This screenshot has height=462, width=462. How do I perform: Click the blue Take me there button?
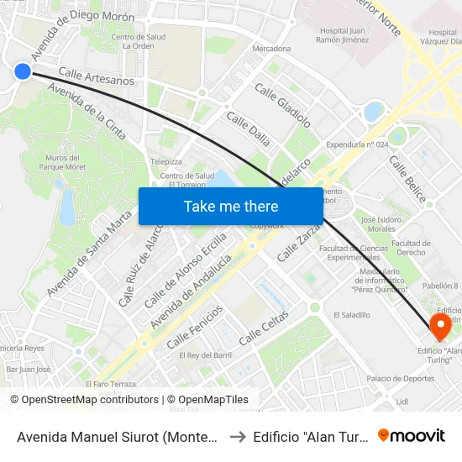pos(231,206)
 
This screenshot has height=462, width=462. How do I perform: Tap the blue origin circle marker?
pos(23,71)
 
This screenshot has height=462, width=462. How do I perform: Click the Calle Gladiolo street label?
pos(282,105)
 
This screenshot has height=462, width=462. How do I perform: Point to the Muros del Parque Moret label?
pos(63,162)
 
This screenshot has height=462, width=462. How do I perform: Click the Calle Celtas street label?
pos(264,328)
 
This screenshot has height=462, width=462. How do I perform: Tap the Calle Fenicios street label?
pos(195,327)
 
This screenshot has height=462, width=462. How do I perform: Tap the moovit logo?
pos(412,435)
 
